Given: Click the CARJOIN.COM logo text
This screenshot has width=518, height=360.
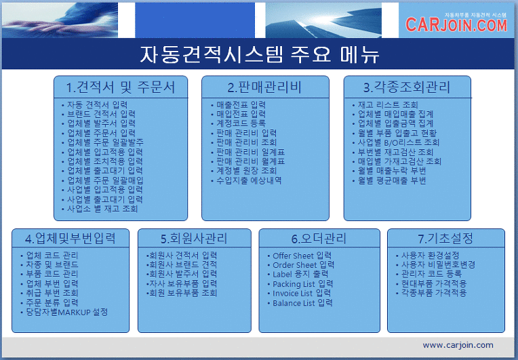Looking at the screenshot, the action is click(x=456, y=25).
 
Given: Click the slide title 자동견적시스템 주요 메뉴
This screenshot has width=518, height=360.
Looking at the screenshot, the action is click(x=260, y=54).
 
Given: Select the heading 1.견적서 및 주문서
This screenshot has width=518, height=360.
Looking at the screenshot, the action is click(x=121, y=87).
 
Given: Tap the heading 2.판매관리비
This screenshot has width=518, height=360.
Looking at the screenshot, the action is click(x=264, y=87).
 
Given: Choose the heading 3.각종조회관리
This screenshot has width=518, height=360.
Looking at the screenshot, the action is click(x=407, y=87).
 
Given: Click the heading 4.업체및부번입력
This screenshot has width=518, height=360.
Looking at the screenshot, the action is click(x=71, y=238).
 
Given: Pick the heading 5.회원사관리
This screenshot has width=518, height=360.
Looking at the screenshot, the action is click(x=194, y=238).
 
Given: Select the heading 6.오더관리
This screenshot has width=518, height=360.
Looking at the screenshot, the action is click(x=319, y=238).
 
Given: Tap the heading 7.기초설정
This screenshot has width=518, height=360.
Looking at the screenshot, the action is click(x=445, y=238).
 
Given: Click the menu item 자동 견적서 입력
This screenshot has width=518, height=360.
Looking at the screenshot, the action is click(x=98, y=104).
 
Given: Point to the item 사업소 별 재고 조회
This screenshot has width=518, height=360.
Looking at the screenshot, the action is click(x=102, y=209).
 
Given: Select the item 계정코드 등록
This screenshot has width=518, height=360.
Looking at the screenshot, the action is click(x=241, y=123).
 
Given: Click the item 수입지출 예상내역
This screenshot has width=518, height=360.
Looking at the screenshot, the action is click(x=249, y=180).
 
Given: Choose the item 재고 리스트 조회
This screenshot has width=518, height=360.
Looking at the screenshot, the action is click(x=388, y=104).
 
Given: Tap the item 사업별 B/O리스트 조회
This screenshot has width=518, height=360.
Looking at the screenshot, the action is click(x=399, y=142).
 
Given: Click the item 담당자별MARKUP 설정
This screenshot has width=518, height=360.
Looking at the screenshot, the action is click(x=67, y=312).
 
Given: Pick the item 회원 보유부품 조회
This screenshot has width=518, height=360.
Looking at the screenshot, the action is click(x=183, y=293).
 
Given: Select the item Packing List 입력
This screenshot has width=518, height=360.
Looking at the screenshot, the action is click(x=303, y=284).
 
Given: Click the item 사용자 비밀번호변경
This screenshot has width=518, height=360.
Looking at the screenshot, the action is click(x=439, y=264).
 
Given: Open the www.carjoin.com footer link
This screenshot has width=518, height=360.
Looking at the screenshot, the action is click(x=458, y=345).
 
